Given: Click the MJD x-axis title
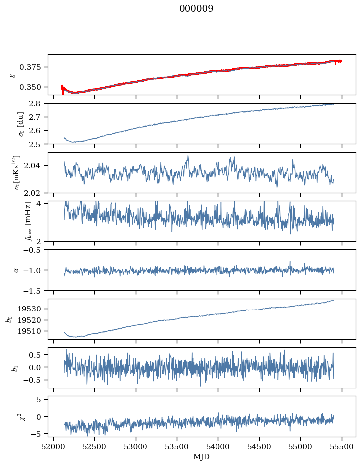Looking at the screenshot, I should tap(202, 457).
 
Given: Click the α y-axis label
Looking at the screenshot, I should tap(16, 270).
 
